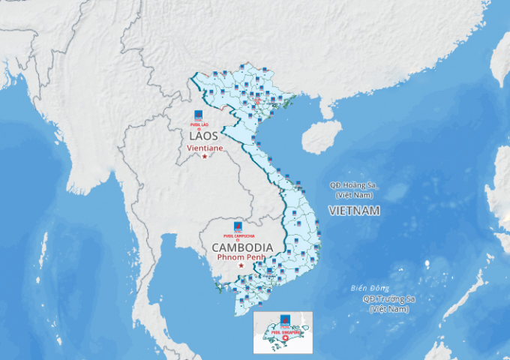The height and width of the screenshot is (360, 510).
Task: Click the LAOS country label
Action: pyautogui.click(x=203, y=136)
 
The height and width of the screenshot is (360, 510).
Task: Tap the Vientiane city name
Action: pyautogui.click(x=205, y=148)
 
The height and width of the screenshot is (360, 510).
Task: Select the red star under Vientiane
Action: pyautogui.click(x=205, y=156)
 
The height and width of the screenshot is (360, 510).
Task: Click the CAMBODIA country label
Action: pyautogui.click(x=241, y=247)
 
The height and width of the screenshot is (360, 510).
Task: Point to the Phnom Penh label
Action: pyautogui.click(x=241, y=257)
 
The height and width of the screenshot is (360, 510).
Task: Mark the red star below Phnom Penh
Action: pyautogui.click(x=241, y=265)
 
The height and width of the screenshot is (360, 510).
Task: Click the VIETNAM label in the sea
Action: pyautogui.click(x=354, y=211)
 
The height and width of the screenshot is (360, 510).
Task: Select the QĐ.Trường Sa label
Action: pyautogui.click(x=388, y=299)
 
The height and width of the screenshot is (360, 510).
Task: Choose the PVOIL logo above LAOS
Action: pyautogui.click(x=199, y=116)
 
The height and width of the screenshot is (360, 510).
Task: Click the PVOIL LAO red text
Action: pyautogui.click(x=199, y=124)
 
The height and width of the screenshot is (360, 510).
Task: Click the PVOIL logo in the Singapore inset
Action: pyautogui.click(x=285, y=319)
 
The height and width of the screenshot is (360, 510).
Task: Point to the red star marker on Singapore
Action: pyautogui.click(x=284, y=337)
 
